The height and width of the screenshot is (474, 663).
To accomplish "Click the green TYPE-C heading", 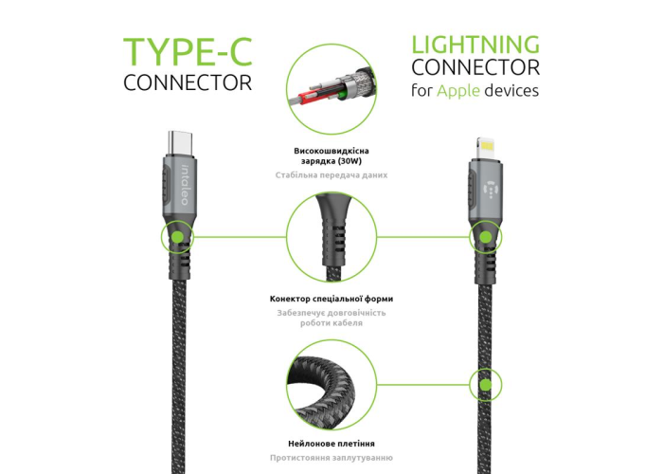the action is coord(188,52).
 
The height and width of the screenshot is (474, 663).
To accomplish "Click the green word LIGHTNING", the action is coord(475,45).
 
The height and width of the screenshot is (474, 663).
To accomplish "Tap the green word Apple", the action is coord(458,91).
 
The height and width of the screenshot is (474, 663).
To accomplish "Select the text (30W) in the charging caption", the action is coord(350,161).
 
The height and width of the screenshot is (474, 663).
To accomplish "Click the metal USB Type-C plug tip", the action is coord(180,143).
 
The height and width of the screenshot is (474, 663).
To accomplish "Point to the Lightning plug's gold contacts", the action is coord(486,147).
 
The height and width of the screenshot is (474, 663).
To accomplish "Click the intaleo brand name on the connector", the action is coord(185,185).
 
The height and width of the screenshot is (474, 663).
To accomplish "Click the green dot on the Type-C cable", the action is coord(178,237).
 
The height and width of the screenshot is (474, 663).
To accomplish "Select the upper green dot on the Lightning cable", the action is coord(486,237).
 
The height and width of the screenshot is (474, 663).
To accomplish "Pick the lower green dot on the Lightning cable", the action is coord(486,385).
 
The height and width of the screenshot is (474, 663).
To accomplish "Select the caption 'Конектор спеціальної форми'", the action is coord(331,299).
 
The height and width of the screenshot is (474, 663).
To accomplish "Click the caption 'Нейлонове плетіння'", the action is coord(331,444).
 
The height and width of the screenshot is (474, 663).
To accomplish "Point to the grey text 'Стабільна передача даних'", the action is coord(331,175).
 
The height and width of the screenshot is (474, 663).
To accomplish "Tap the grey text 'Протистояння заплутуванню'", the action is coord(331,458).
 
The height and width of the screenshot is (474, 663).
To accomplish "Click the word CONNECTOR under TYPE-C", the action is coord(188,82).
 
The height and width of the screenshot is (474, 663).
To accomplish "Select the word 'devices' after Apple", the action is coord(511,91).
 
